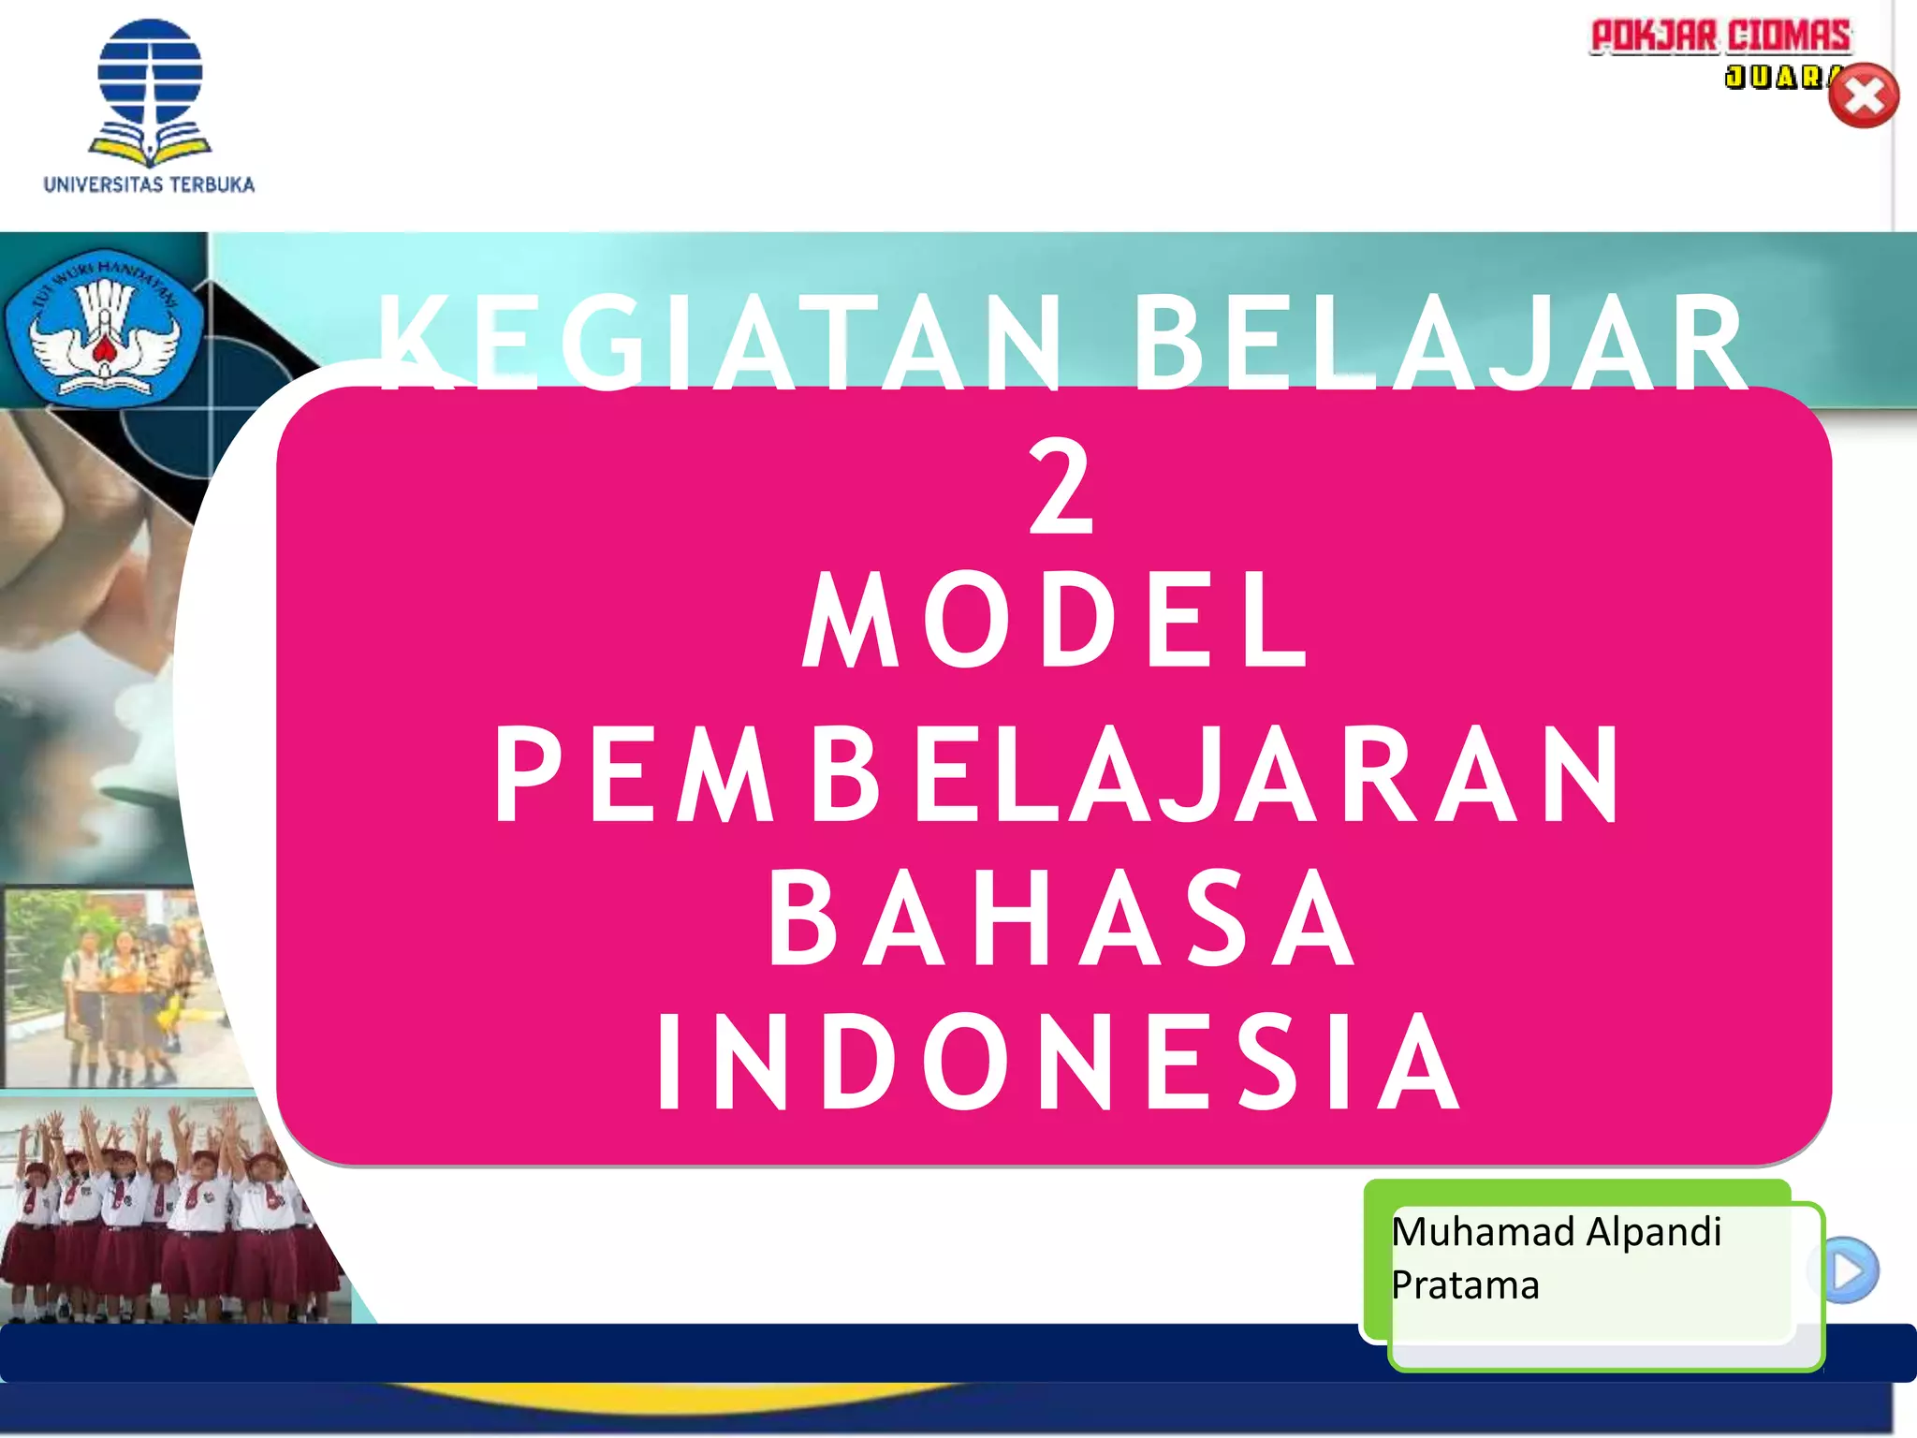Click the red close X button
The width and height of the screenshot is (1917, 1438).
point(1863,95)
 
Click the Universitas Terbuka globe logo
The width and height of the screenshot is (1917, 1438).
point(150,75)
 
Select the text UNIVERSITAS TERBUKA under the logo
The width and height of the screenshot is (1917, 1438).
point(149,184)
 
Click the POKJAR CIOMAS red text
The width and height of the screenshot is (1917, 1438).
point(1720,37)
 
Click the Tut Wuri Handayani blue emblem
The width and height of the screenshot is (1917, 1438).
point(104,328)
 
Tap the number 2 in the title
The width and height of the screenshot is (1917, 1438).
point(1061,489)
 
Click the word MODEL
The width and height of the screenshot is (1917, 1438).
point(1055,622)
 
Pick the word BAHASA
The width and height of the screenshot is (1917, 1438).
point(1061,918)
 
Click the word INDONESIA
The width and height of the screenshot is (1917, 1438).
point(1058,1064)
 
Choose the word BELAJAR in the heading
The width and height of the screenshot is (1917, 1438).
point(1441,344)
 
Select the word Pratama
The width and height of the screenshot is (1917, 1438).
point(1465,1285)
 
